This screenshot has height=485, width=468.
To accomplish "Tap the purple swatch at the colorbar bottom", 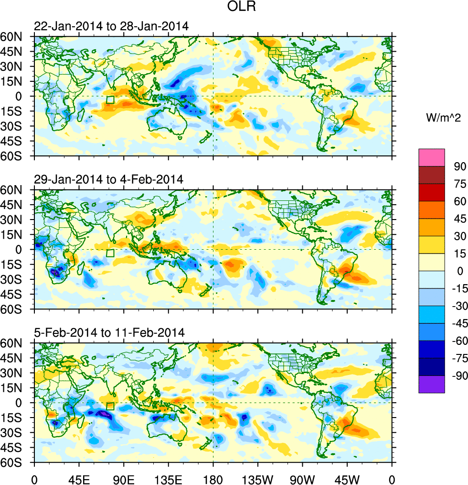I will [432, 384].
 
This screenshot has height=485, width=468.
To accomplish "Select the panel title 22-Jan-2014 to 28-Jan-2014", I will [111, 26].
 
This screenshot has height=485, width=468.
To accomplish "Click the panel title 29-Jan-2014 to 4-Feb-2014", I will [109, 180].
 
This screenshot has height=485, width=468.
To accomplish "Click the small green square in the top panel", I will [110, 100].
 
